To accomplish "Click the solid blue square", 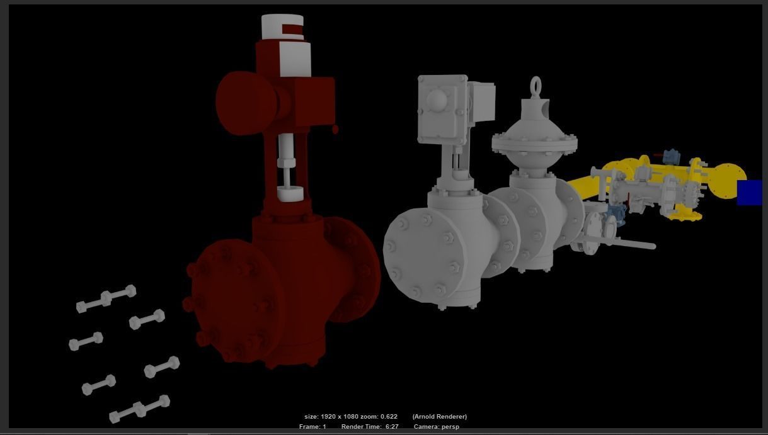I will (749, 192).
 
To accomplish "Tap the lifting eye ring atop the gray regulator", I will (536, 86).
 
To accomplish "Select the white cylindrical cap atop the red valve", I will (282, 26).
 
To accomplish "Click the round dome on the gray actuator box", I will (437, 100).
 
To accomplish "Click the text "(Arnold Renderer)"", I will (440, 417).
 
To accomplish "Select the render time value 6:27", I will (392, 427).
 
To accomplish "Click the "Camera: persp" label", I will (437, 427).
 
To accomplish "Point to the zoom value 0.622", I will (389, 417).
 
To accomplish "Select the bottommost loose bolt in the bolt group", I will (139, 409).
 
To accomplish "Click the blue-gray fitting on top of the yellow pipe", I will (672, 156).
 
